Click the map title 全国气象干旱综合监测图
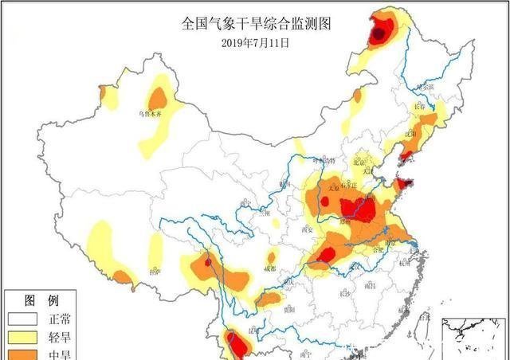[256, 23]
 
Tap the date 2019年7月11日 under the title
[255, 42]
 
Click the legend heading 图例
[41, 300]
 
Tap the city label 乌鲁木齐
[155, 115]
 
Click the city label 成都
[269, 268]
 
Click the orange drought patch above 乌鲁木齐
[159, 98]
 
